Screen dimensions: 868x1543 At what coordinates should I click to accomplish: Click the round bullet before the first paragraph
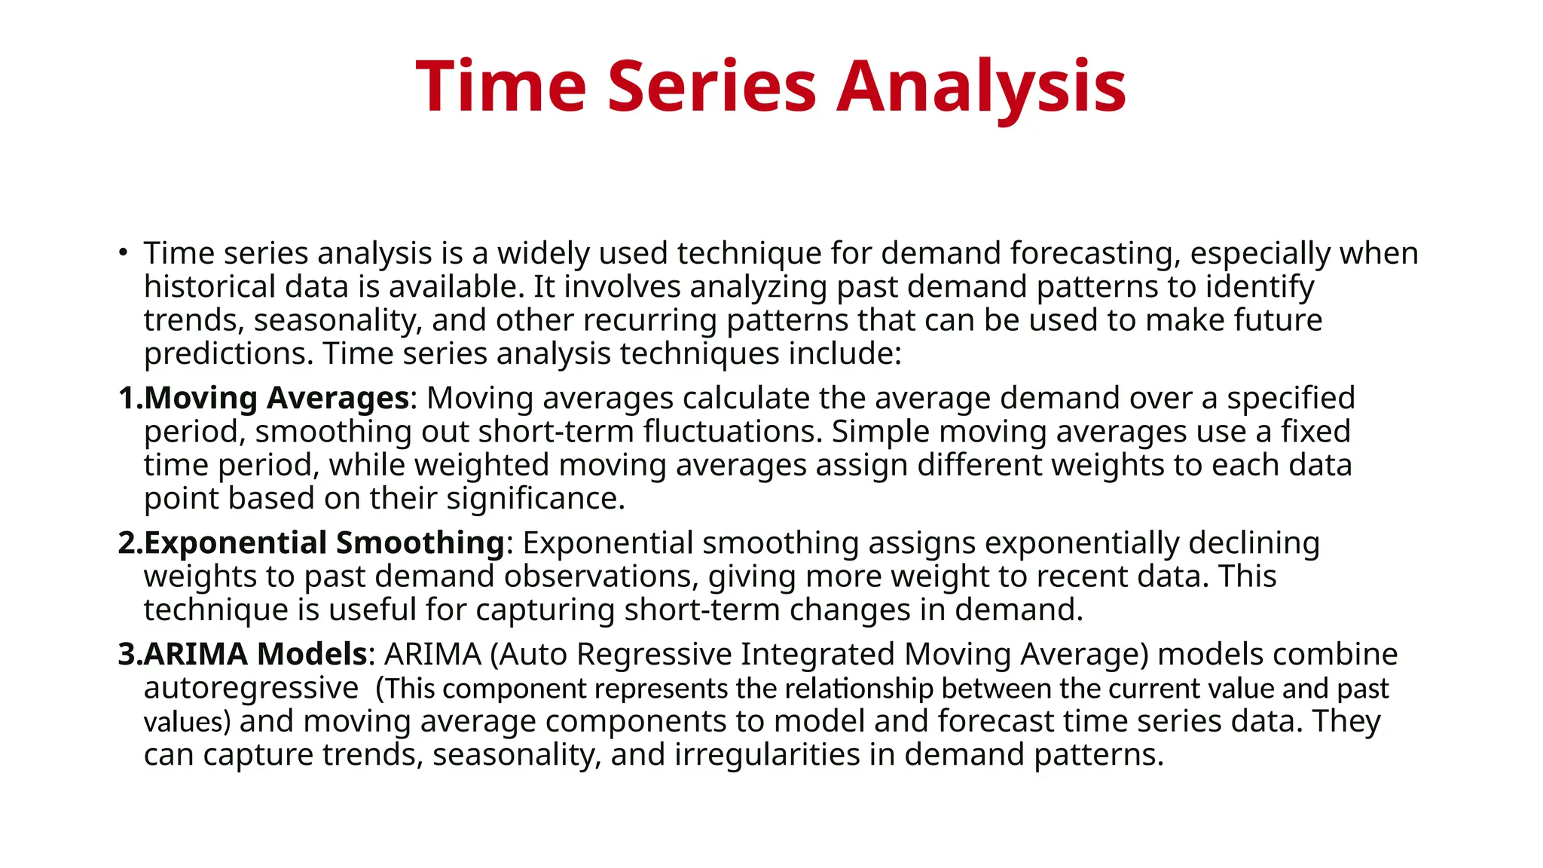(123, 252)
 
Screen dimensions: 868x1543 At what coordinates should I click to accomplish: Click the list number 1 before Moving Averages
(127, 398)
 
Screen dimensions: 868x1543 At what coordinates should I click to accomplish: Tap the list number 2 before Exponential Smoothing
(128, 542)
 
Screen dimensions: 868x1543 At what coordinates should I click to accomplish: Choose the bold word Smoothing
(420, 542)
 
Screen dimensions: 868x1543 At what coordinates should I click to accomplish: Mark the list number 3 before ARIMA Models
(128, 654)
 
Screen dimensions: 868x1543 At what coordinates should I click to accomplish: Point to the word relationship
(858, 689)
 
